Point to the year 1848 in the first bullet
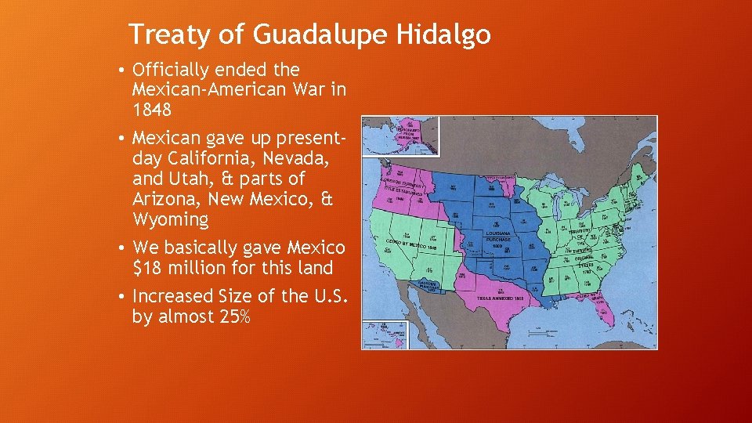[x=153, y=110]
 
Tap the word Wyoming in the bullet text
[x=170, y=219]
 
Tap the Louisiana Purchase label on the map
[x=497, y=237]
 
